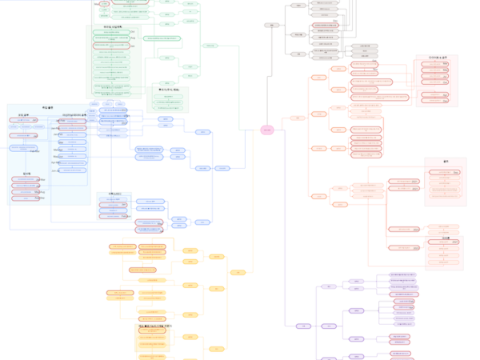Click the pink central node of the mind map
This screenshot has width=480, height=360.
[x=267, y=130]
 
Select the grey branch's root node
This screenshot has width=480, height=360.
[x=272, y=25]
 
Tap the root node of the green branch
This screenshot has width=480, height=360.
[x=210, y=46]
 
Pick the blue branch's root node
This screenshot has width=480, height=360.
[x=222, y=168]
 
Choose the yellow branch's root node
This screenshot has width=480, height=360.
[x=238, y=273]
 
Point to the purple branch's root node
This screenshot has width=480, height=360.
[x=303, y=326]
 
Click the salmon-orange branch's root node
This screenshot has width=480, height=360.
[x=298, y=118]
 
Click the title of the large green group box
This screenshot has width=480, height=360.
[x=112, y=27]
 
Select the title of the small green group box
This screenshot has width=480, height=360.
[x=169, y=89]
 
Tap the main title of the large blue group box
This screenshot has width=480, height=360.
[x=48, y=108]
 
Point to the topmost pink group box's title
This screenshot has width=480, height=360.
[x=437, y=58]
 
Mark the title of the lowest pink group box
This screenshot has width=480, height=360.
[x=446, y=238]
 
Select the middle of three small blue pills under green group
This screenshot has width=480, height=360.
[x=107, y=104]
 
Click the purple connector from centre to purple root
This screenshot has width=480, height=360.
[x=286, y=240]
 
